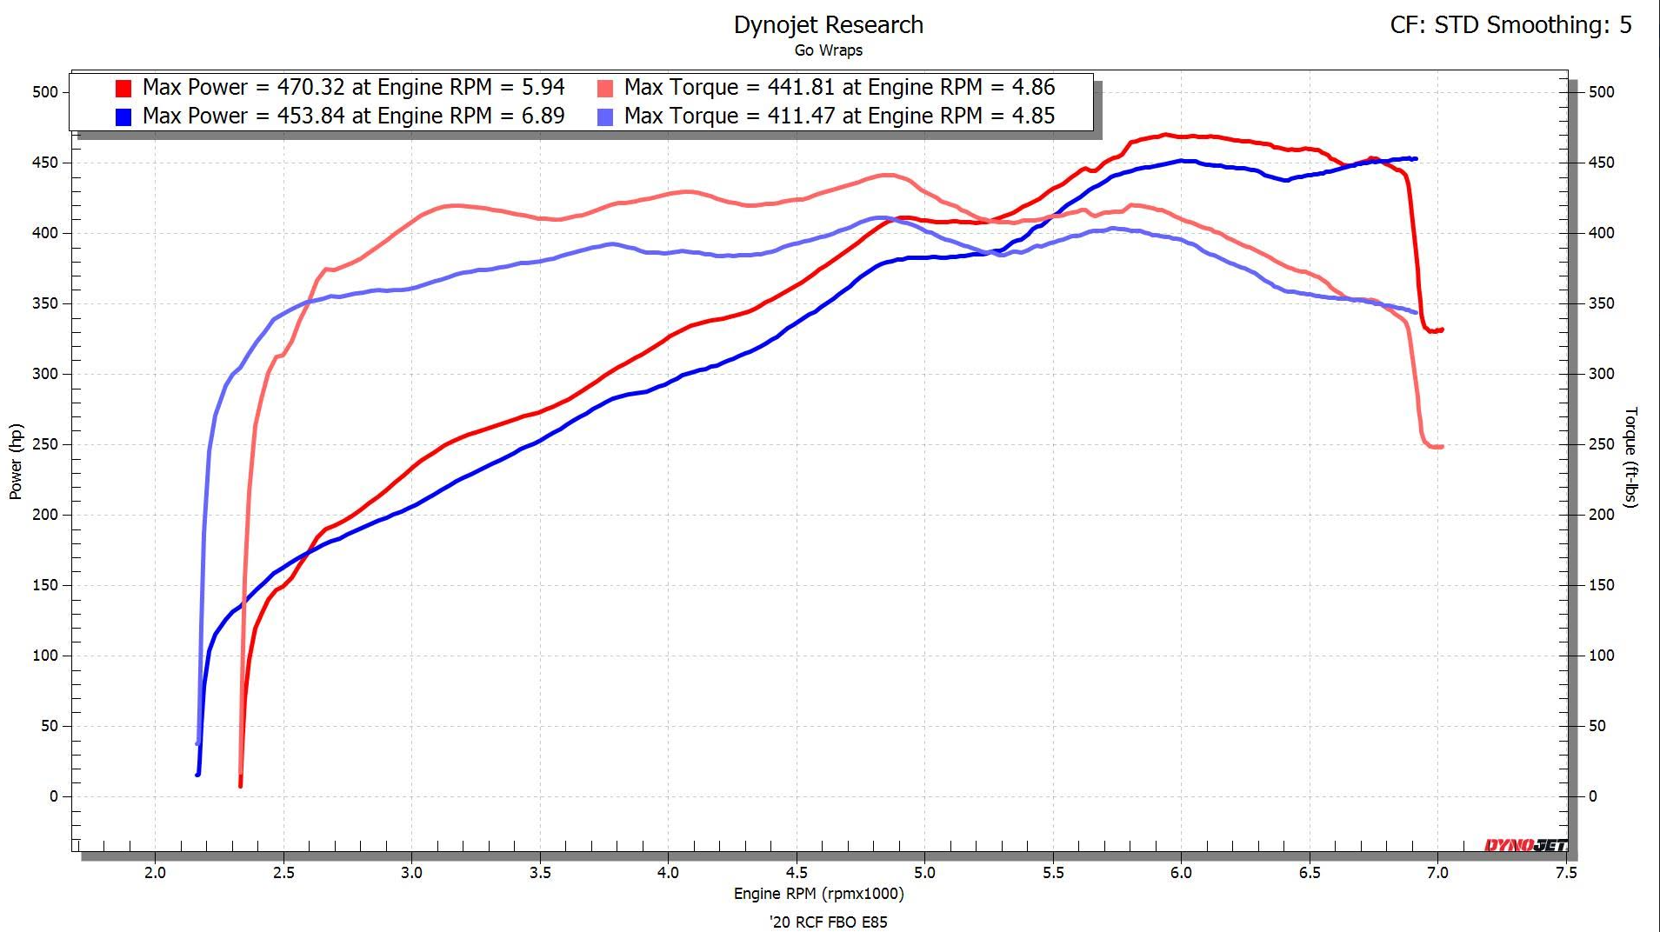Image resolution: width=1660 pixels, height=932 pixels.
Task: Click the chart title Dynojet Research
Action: [828, 25]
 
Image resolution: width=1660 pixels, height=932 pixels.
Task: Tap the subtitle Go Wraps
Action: [828, 50]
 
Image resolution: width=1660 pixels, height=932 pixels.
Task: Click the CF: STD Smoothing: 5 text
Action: [1510, 25]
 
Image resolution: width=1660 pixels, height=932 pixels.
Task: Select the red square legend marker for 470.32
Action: [123, 88]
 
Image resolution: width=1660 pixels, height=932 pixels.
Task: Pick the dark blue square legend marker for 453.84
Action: [123, 116]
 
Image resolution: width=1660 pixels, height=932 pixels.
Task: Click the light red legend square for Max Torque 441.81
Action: [605, 88]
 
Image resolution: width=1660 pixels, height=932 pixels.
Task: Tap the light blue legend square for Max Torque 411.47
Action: [605, 116]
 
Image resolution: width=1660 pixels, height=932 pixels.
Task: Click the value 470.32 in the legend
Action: [310, 87]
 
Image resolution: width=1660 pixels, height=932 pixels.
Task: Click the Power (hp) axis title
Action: [16, 462]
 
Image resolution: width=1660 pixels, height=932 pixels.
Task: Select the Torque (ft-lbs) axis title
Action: [1631, 457]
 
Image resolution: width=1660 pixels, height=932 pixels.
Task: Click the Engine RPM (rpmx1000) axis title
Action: [818, 894]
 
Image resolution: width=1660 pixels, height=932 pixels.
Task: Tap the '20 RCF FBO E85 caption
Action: [828, 922]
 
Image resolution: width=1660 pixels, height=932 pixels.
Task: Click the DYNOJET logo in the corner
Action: [1525, 845]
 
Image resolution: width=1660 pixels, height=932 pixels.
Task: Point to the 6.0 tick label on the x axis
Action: [1181, 873]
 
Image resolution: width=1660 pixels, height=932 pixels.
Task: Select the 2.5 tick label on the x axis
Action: [283, 873]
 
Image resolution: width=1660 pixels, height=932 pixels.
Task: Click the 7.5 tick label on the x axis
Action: [1565, 873]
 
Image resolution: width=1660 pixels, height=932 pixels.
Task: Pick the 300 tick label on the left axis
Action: [45, 374]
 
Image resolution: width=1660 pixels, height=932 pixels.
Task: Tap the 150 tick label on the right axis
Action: [1601, 585]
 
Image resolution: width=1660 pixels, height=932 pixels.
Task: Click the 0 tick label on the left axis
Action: [54, 796]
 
